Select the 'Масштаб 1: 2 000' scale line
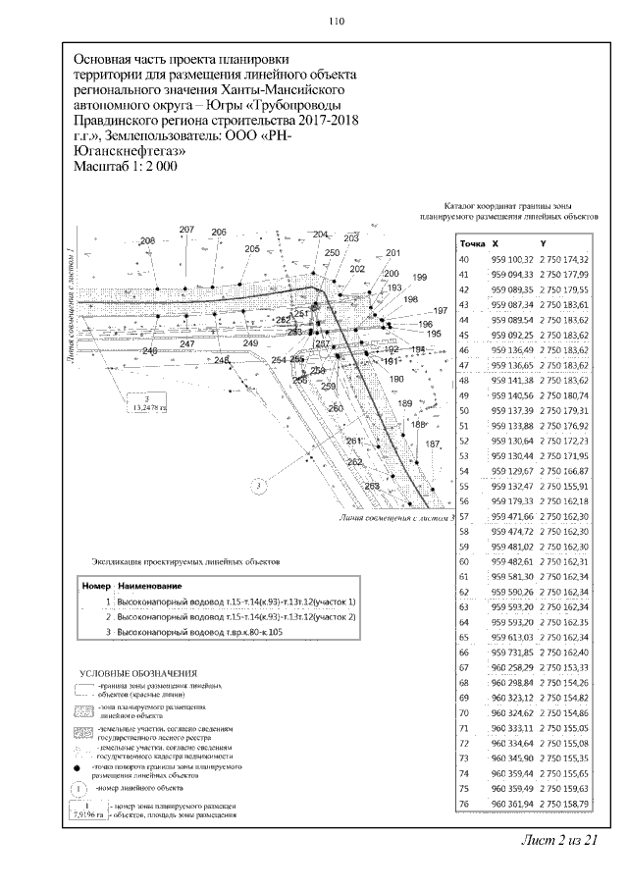(x=126, y=167)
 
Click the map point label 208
(x=148, y=241)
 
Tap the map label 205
(x=252, y=249)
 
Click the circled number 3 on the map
(x=255, y=485)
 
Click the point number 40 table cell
(x=465, y=258)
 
